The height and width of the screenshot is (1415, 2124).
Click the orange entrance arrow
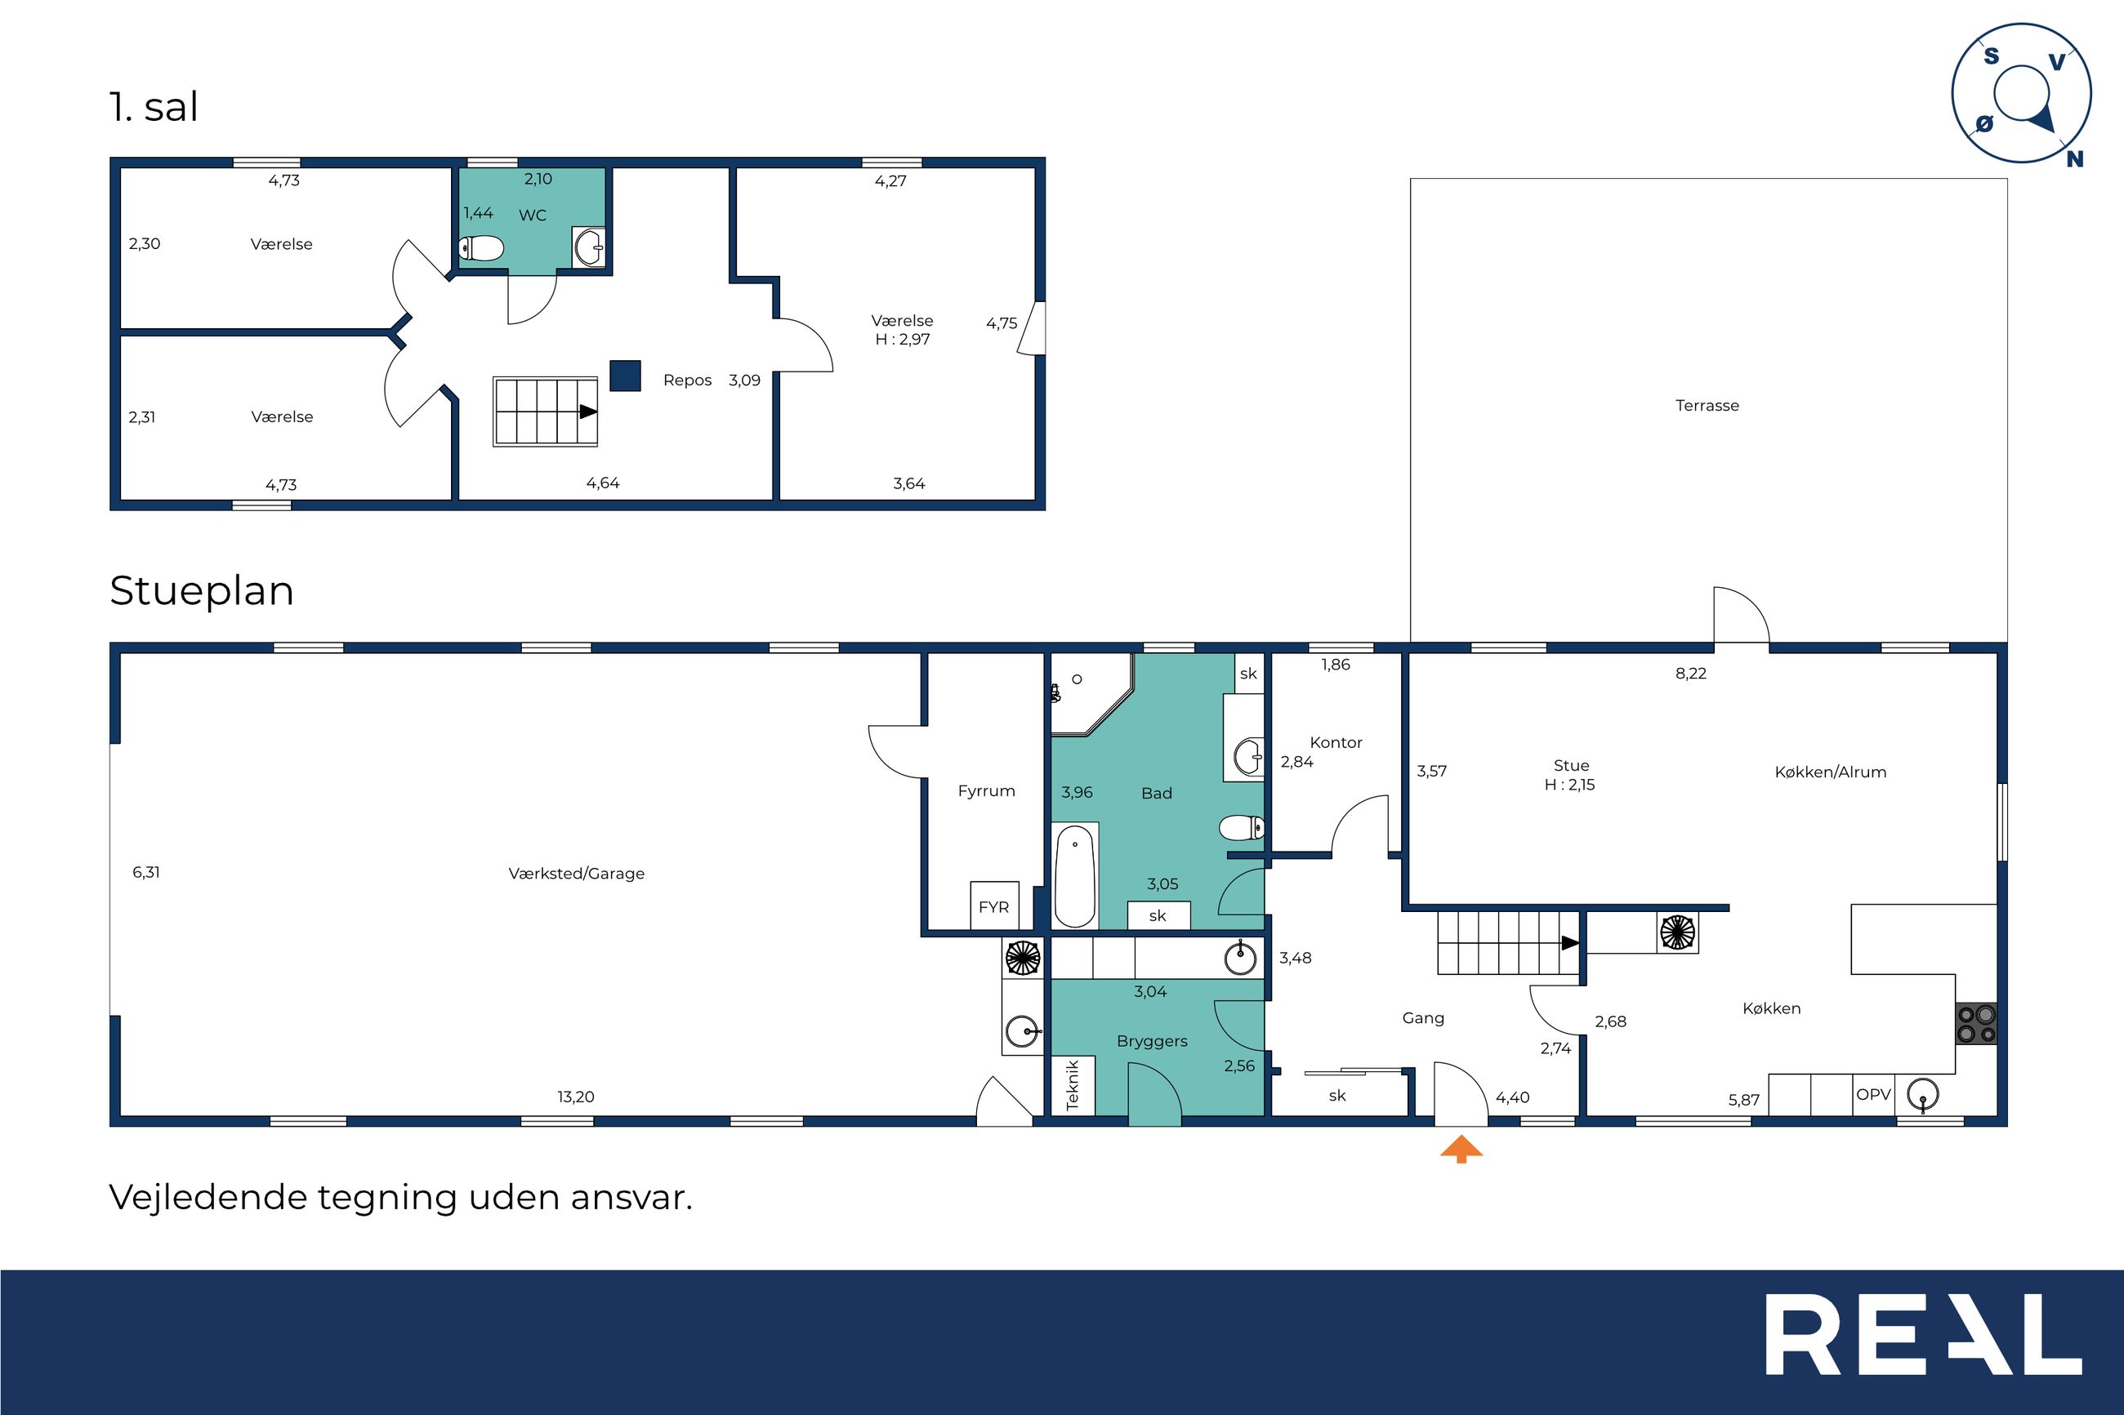(x=1461, y=1150)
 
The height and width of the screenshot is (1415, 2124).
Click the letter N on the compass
(x=2075, y=159)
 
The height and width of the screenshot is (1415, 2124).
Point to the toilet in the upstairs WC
(x=481, y=247)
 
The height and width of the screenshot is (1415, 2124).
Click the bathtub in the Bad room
(x=1075, y=875)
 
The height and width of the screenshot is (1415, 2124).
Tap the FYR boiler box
(x=994, y=906)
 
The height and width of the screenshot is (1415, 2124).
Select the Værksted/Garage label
(x=576, y=874)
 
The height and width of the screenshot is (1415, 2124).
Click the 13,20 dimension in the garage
(x=576, y=1097)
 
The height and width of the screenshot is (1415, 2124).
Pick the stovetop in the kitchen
(x=1975, y=1023)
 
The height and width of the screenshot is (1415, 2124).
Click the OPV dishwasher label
(x=1873, y=1095)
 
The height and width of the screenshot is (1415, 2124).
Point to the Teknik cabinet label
(x=1073, y=1083)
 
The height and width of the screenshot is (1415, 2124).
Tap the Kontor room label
(x=1336, y=741)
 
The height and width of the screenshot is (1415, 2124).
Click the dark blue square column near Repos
(x=625, y=376)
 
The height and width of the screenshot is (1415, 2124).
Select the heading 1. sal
(x=154, y=106)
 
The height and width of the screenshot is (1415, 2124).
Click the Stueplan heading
(x=201, y=591)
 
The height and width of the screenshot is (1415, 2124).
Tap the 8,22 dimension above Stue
(x=1691, y=674)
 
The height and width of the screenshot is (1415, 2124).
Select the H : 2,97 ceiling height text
(x=903, y=340)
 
